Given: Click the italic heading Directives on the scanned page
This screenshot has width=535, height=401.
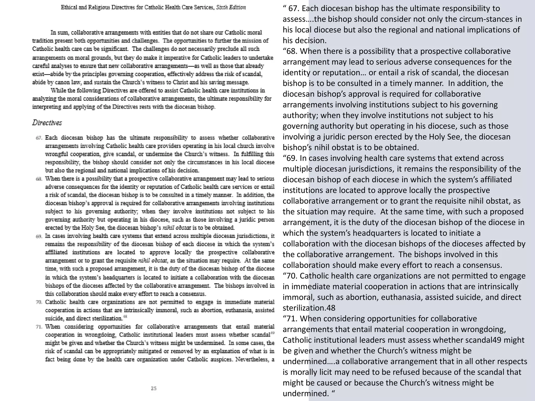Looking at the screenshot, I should pos(47,123).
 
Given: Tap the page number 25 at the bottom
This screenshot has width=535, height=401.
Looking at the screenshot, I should pos(154,388).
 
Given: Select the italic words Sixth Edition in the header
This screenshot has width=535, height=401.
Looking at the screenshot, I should pos(231,7).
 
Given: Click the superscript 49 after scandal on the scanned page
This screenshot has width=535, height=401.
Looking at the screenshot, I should pos(272,333).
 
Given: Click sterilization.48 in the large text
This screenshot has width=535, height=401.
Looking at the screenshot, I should pos(309,308).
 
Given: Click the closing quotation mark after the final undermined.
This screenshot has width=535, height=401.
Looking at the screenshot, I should pos(333,393).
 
